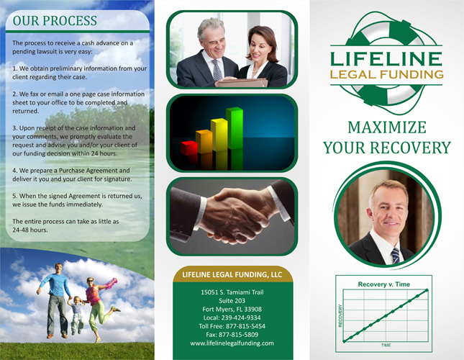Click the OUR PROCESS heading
coord(55,21)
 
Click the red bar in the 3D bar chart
coord(189,148)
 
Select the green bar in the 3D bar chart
coord(235,128)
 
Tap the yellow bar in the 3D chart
coord(219,135)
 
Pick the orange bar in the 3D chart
coord(204,141)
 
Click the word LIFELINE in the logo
coord(386,58)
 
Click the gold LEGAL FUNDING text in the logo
coord(387,74)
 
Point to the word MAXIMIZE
coord(387,127)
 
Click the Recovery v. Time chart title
coord(384,284)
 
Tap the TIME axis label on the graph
coord(386,345)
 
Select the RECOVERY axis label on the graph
coord(340,315)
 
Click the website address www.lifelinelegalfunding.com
coord(232,343)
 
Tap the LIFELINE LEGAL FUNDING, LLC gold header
coord(232,275)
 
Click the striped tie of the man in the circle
coord(395,256)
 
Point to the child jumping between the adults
coord(77,315)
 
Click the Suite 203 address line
coord(232,301)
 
